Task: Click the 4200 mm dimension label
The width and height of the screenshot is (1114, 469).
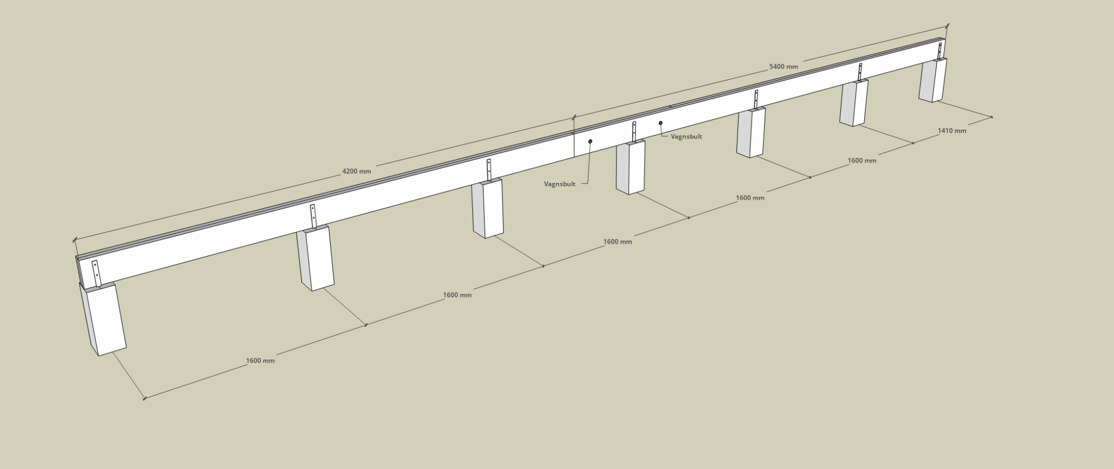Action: (x=356, y=171)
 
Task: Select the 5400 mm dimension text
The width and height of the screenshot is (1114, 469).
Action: (x=783, y=66)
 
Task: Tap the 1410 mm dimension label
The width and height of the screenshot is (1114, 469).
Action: (x=952, y=131)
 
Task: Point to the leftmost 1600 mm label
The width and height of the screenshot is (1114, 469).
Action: (x=260, y=361)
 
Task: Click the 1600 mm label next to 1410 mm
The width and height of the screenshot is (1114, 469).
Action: (x=862, y=161)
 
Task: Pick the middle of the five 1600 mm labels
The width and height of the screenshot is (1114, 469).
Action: (x=617, y=241)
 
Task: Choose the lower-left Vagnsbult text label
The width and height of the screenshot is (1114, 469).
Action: (x=559, y=184)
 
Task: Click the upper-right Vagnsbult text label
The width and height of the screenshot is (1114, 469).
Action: (x=686, y=137)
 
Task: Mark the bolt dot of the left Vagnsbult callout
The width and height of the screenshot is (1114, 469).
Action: (x=590, y=142)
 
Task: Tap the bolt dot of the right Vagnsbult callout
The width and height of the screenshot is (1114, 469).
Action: (x=660, y=123)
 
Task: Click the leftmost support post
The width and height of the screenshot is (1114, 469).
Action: (x=103, y=319)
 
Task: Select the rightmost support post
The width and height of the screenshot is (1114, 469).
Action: (x=932, y=80)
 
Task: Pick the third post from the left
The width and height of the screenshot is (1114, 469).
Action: (x=487, y=210)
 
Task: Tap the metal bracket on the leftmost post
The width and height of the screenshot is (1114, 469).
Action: (x=96, y=272)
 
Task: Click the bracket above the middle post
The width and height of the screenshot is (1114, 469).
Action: (x=634, y=132)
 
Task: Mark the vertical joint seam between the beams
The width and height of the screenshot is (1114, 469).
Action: (x=575, y=144)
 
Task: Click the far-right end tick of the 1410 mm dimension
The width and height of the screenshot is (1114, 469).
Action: (x=992, y=117)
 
